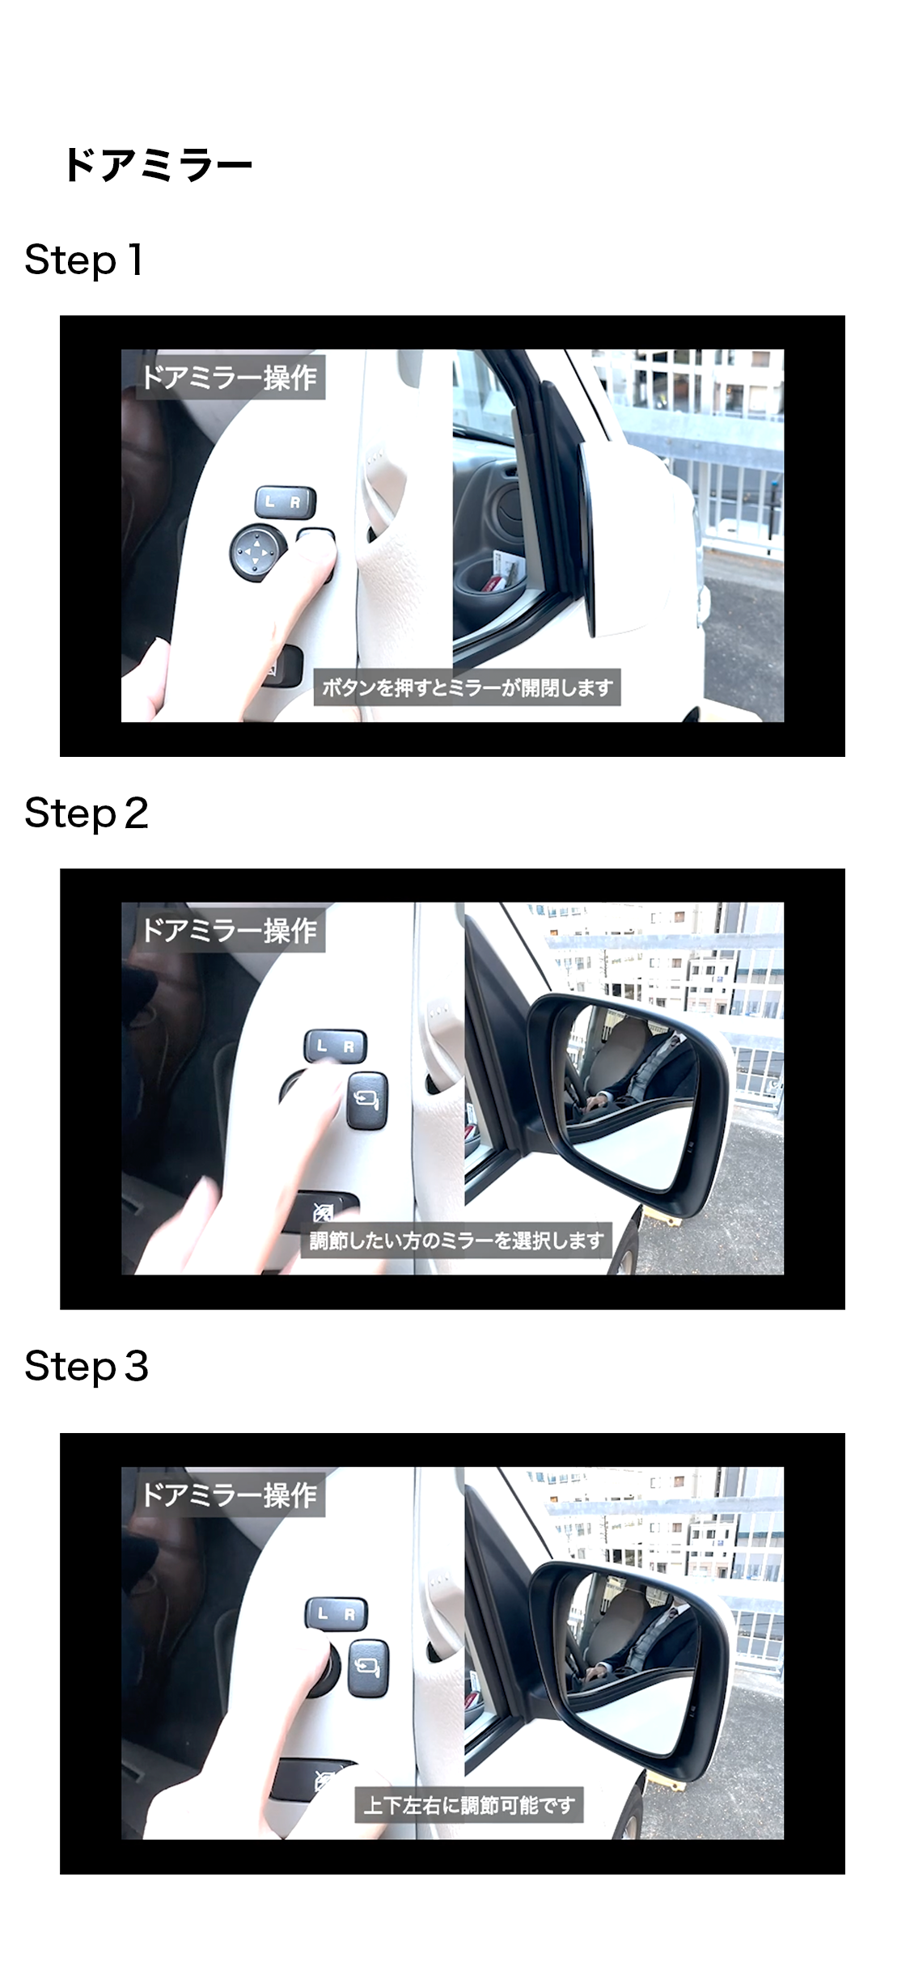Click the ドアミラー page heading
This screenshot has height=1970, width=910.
click(158, 165)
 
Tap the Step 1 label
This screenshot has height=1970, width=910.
click(84, 260)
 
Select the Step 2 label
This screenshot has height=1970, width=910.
click(87, 813)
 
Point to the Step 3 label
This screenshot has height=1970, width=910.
click(87, 1366)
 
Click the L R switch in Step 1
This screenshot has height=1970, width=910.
click(286, 502)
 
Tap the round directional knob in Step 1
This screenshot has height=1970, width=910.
click(257, 554)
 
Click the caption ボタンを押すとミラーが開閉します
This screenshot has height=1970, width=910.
click(468, 687)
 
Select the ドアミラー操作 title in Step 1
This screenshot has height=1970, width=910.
click(229, 377)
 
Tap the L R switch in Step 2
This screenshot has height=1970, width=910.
click(335, 1046)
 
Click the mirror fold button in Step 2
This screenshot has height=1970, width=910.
click(367, 1100)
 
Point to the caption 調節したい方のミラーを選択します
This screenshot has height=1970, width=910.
click(457, 1240)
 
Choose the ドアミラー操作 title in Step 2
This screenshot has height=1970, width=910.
click(229, 930)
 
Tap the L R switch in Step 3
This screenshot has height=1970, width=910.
click(336, 1614)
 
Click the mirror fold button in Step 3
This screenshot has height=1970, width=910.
click(369, 1668)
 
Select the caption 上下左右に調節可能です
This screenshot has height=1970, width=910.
click(469, 1805)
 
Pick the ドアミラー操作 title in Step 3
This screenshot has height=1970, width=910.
click(229, 1494)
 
